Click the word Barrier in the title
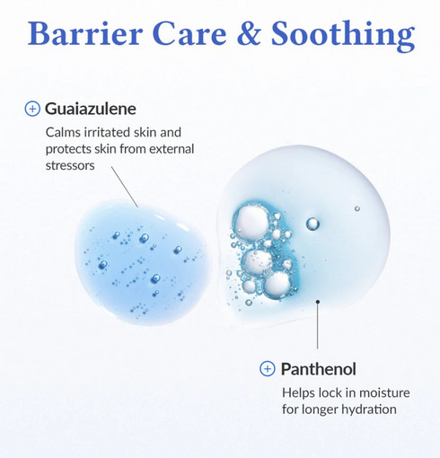point(85,33)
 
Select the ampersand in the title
point(249,33)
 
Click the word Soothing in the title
point(343,36)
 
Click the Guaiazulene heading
point(91,109)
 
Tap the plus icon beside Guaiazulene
point(32,109)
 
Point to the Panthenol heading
point(319,369)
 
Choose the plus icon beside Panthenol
point(268,369)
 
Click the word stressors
point(70,165)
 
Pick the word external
point(172,149)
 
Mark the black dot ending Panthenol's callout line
point(318,302)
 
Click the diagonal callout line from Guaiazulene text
point(125,187)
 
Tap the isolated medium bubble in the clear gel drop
point(312,224)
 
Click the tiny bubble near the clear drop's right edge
point(356,208)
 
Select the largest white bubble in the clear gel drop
point(251,222)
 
